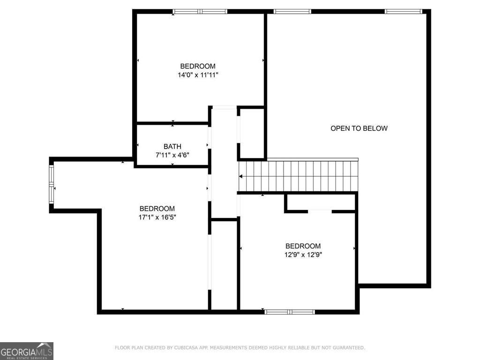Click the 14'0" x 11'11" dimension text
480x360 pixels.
point(198,75)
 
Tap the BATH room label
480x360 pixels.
point(172,146)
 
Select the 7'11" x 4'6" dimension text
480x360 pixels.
point(172,155)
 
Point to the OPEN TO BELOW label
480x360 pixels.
point(359,128)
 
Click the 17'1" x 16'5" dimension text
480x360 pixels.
point(157,217)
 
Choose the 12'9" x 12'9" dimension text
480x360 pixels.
point(303,255)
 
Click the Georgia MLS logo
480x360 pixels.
point(27,351)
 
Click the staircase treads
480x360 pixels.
point(300,176)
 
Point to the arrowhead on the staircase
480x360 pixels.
point(241,176)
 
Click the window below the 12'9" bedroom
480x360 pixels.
point(290,311)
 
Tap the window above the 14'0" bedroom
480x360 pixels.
point(200,11)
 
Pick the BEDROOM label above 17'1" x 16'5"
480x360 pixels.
point(157,209)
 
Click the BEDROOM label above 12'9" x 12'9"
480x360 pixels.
point(303,246)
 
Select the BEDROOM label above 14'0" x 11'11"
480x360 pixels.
point(198,66)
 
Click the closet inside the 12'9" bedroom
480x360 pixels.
point(321,202)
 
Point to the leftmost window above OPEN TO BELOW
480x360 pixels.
point(292,11)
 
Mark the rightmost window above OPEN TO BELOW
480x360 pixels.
point(404,11)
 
